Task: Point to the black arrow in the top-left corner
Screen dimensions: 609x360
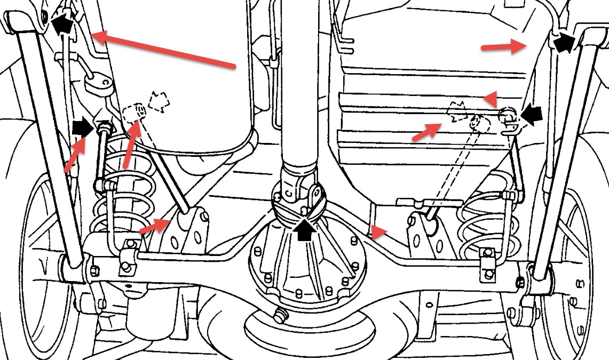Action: click(x=62, y=23)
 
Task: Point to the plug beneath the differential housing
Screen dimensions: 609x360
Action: click(x=279, y=315)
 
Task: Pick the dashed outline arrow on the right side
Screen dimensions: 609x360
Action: click(x=458, y=111)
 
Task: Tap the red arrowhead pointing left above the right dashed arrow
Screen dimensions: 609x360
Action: click(x=491, y=98)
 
